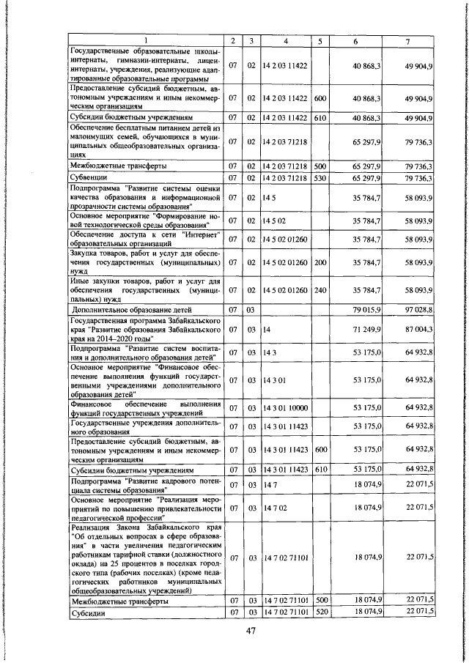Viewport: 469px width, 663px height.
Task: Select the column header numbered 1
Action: [144, 40]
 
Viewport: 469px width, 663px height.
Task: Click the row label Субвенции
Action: [88, 178]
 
